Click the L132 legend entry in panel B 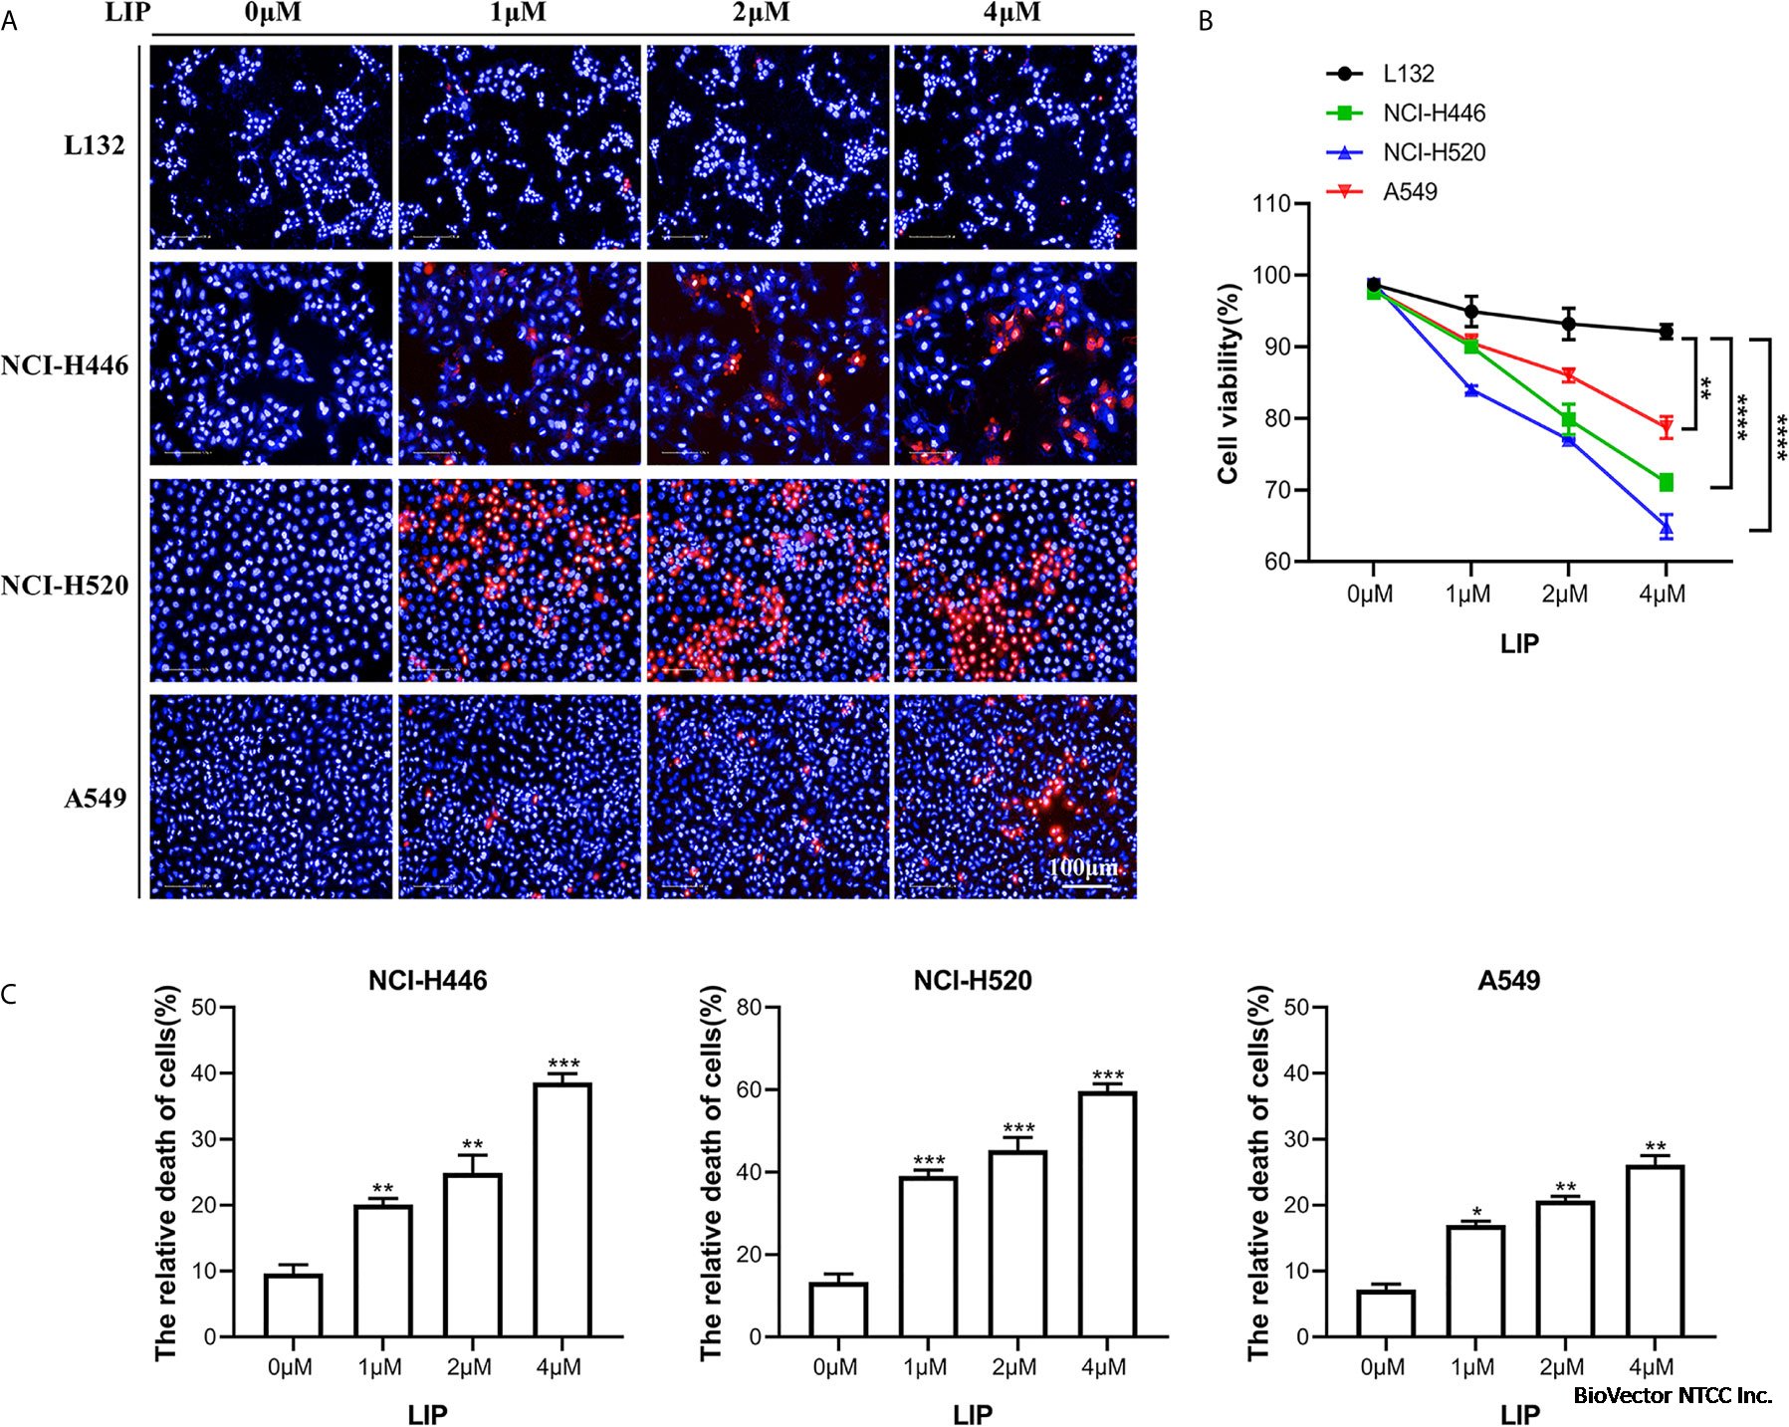click(x=1408, y=74)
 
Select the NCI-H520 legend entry click(x=1433, y=152)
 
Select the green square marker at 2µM click(x=1568, y=419)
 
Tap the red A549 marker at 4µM click(x=1666, y=427)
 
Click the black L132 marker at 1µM click(x=1470, y=311)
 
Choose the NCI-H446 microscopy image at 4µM click(x=1014, y=363)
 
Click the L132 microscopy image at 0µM click(x=271, y=146)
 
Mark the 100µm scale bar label click(x=1082, y=866)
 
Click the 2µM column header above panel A click(x=762, y=13)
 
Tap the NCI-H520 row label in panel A click(x=65, y=585)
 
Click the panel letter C click(x=9, y=995)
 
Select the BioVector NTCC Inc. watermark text click(x=1672, y=1395)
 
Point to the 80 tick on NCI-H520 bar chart click(x=750, y=1007)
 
